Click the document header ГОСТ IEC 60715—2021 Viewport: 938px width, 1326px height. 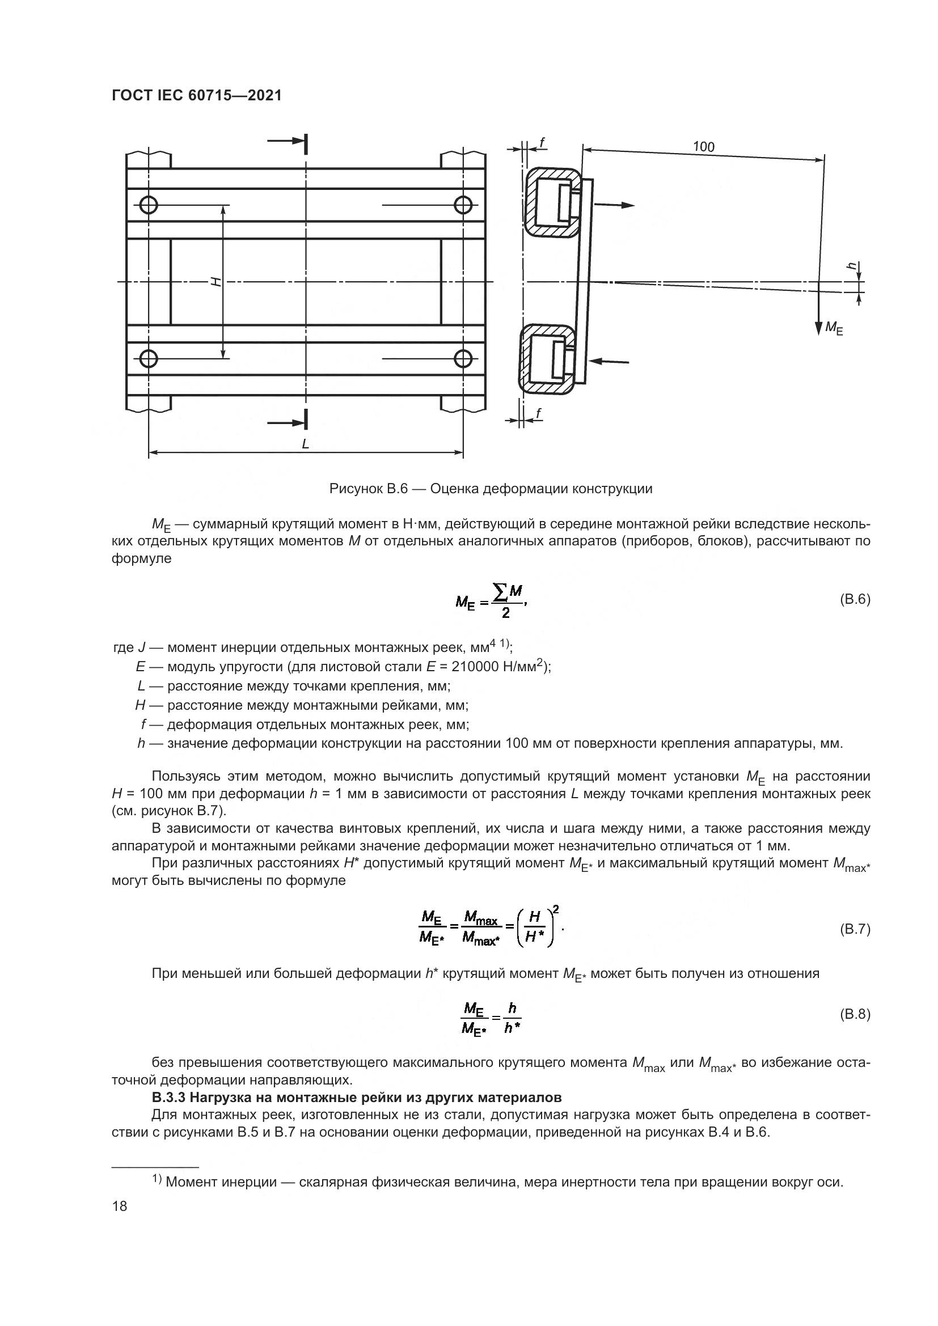click(196, 96)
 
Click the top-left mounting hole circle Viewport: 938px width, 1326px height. click(149, 205)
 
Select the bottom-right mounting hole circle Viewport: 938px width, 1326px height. click(463, 359)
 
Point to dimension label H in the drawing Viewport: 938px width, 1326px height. click(216, 282)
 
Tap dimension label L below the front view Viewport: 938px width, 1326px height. click(306, 443)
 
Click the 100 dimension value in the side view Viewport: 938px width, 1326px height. click(703, 147)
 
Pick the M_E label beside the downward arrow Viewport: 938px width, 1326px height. click(834, 328)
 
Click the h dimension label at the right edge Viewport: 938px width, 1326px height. click(850, 266)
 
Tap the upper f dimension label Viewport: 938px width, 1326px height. click(542, 141)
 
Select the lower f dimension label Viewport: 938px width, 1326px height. click(538, 413)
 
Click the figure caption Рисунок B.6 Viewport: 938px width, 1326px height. click(491, 489)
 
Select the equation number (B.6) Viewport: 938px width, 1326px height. click(854, 599)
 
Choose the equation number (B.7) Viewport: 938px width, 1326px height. click(854, 929)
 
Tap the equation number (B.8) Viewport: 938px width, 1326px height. click(854, 1015)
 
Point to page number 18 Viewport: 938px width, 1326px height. click(120, 1206)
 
